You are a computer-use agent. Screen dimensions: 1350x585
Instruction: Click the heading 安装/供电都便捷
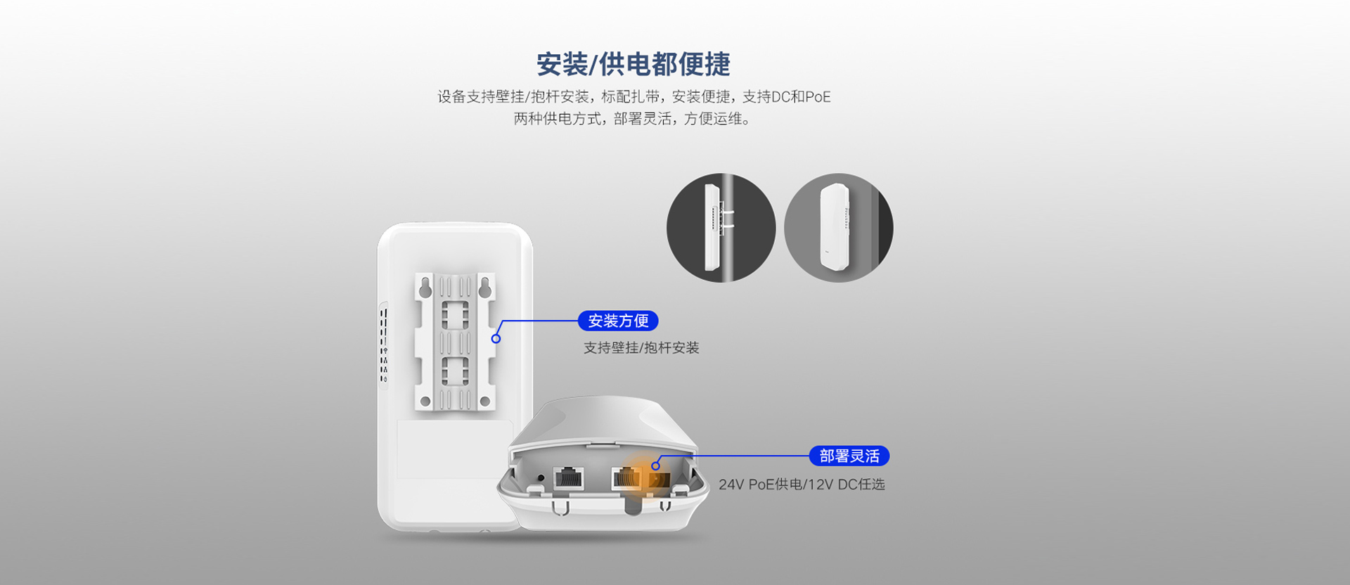634,64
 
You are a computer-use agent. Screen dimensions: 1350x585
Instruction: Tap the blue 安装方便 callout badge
618,321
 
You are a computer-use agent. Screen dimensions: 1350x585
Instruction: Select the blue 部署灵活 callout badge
849,456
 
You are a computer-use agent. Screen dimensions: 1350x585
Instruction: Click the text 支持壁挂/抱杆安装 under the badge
641,348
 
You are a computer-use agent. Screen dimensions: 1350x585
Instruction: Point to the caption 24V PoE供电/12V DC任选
802,484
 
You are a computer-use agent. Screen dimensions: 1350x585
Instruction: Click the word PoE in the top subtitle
818,97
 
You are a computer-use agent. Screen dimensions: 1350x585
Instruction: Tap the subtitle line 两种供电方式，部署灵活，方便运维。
634,119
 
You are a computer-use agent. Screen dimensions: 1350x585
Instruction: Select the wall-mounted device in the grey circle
835,228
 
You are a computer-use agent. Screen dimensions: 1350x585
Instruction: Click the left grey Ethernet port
568,478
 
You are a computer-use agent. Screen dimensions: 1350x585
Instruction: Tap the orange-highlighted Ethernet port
626,478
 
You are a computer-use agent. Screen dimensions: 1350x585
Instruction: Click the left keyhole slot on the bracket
425,287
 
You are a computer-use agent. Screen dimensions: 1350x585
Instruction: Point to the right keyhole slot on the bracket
484,287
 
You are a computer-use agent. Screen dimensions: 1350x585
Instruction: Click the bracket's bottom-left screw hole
425,402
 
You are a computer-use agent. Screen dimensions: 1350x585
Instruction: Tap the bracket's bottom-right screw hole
484,402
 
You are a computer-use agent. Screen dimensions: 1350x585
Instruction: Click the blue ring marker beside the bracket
496,339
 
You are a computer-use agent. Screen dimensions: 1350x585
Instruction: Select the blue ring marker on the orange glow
655,465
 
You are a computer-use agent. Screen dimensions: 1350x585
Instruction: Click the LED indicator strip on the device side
384,345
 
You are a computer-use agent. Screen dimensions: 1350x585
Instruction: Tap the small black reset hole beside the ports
540,478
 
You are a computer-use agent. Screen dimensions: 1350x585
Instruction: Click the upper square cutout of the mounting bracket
454,316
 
